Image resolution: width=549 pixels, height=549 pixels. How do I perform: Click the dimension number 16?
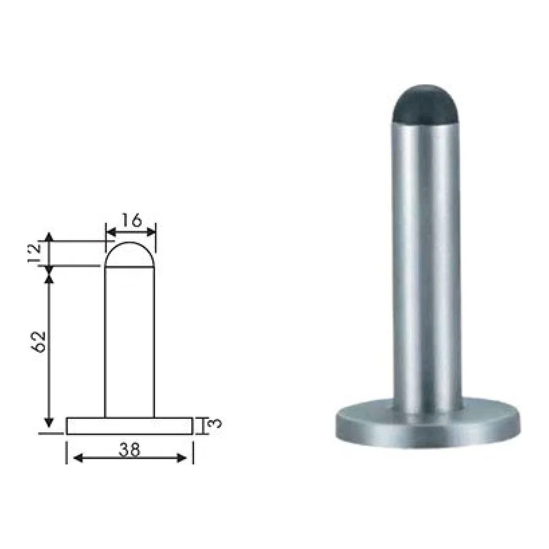(131, 220)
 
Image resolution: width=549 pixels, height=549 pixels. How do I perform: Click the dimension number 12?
(35, 254)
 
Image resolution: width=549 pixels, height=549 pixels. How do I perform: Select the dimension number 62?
(38, 341)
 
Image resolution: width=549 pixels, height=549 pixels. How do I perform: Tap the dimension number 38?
(129, 450)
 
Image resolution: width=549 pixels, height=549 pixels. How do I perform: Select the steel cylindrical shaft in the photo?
(427, 266)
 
